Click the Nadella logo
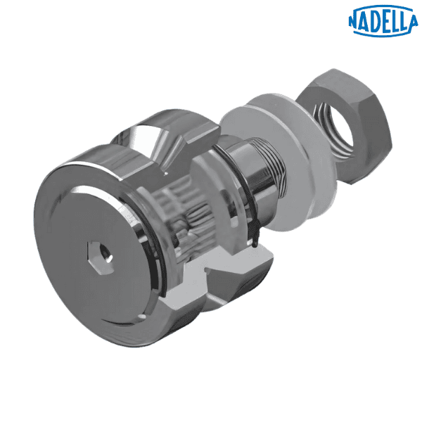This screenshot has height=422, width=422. (383, 20)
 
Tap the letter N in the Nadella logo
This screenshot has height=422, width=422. (354, 22)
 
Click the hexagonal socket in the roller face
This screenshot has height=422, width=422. (100, 257)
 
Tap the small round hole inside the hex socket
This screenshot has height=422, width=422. (105, 255)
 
